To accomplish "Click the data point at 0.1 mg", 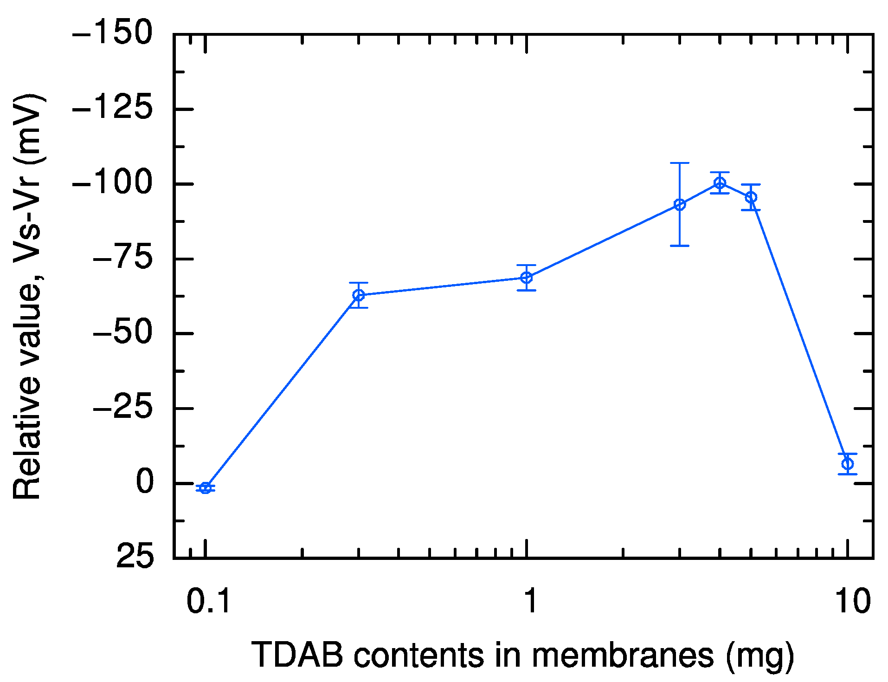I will [x=206, y=487].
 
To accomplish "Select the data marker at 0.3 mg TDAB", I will [x=358, y=295].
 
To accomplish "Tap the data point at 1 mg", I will [x=526, y=278].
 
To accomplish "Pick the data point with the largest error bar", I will [x=680, y=204].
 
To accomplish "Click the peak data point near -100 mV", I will [x=720, y=183].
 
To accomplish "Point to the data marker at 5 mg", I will [x=751, y=197].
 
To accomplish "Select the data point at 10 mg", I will [x=847, y=463].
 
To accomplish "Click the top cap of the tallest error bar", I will [x=680, y=163].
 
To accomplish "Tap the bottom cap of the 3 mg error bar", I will [x=680, y=246].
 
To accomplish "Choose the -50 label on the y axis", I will [x=123, y=333].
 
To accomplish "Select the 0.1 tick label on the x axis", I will [x=208, y=602].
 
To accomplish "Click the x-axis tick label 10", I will [x=852, y=602].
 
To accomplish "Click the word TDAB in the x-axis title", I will [x=297, y=655].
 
